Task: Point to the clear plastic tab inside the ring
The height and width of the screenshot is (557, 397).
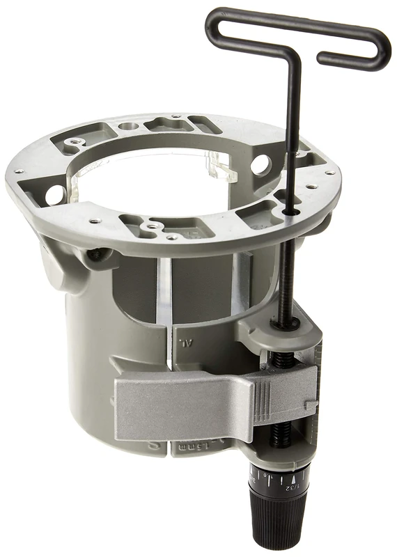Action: [221, 167]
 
